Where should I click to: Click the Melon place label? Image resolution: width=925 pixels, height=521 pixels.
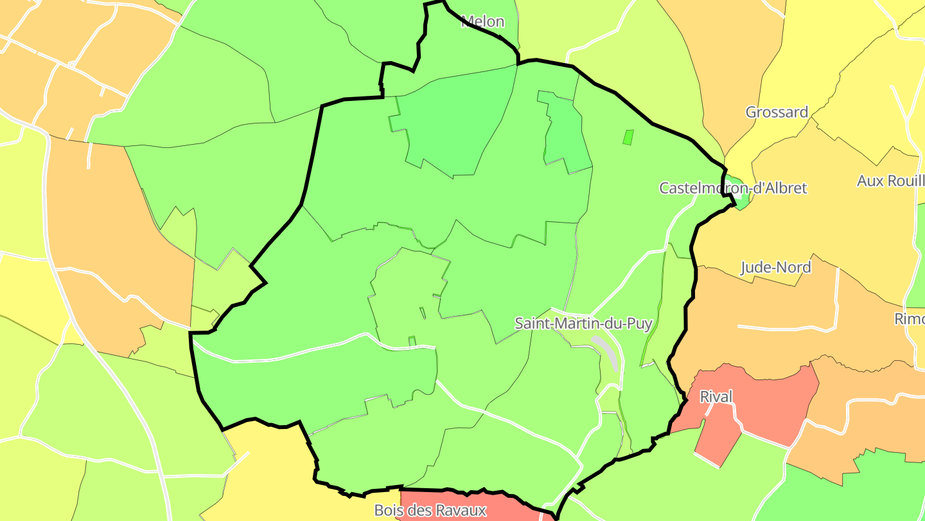[483, 22]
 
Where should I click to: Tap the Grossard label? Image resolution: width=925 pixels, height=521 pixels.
[777, 112]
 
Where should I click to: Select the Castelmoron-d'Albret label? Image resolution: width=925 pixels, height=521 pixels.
[733, 188]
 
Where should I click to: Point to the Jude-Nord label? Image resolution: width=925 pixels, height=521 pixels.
[775, 267]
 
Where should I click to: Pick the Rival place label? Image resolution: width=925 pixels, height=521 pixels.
[716, 397]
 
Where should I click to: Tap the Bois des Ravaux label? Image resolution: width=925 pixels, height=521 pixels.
[430, 511]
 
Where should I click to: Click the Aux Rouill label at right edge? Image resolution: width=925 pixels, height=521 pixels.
[890, 181]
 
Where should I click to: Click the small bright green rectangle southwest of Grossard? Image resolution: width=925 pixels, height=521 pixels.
[628, 137]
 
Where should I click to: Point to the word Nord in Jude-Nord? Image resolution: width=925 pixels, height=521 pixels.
[794, 267]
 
